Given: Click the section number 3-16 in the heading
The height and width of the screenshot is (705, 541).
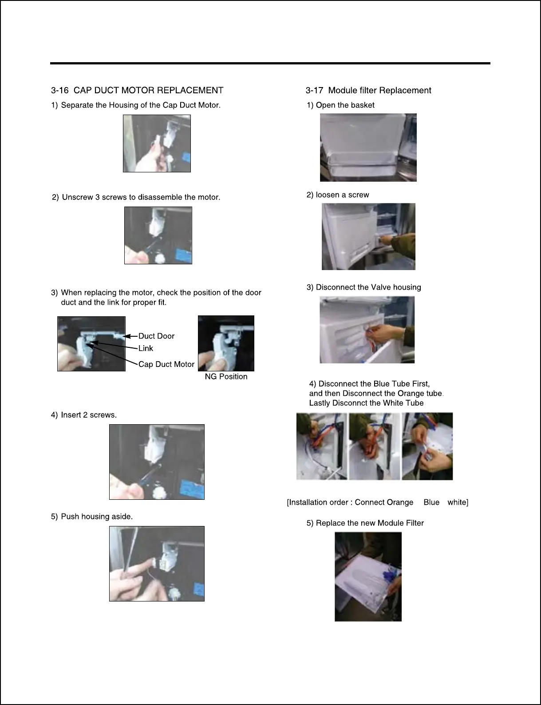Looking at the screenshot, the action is tap(59, 90).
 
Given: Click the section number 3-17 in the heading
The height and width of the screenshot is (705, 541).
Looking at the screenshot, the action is tap(314, 90).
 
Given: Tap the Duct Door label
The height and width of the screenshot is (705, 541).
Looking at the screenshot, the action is tap(156, 336).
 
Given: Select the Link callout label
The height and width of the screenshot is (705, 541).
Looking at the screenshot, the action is tap(146, 348).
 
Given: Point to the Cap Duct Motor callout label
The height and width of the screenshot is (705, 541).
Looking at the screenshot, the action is tap(166, 364).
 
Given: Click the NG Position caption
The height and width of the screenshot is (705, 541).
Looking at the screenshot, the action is tap(226, 376).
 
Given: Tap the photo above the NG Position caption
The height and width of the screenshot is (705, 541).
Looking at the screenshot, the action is tap(226, 343).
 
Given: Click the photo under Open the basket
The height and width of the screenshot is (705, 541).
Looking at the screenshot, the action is tap(368, 147).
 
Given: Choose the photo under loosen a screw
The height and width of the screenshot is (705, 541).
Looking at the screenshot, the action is tap(368, 236).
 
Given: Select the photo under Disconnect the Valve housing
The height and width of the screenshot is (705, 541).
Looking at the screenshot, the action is tap(367, 330).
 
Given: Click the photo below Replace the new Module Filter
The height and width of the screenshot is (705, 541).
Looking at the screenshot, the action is tap(368, 577).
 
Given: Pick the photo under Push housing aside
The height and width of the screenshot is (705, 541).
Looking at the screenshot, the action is tap(157, 564).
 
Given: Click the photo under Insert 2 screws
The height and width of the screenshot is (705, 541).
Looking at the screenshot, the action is tap(157, 462).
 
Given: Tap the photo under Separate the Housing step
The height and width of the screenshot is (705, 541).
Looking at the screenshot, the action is tap(157, 143).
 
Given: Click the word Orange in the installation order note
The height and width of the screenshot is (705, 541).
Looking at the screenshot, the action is tap(401, 502).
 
